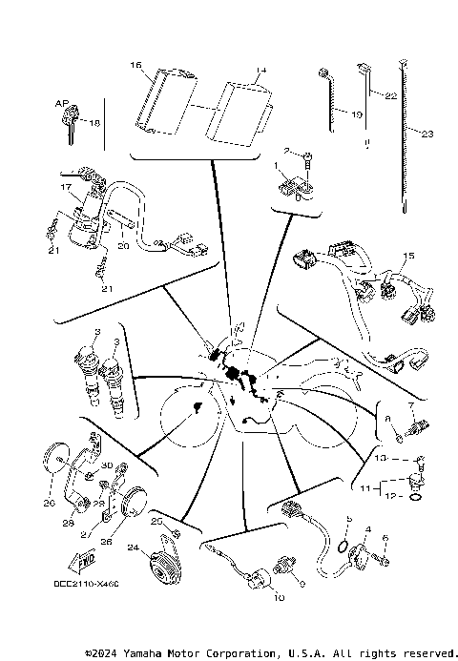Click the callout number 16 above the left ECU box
click(x=135, y=66)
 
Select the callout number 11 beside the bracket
click(x=365, y=487)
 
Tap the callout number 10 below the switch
click(x=279, y=597)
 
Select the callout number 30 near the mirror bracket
click(x=107, y=465)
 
